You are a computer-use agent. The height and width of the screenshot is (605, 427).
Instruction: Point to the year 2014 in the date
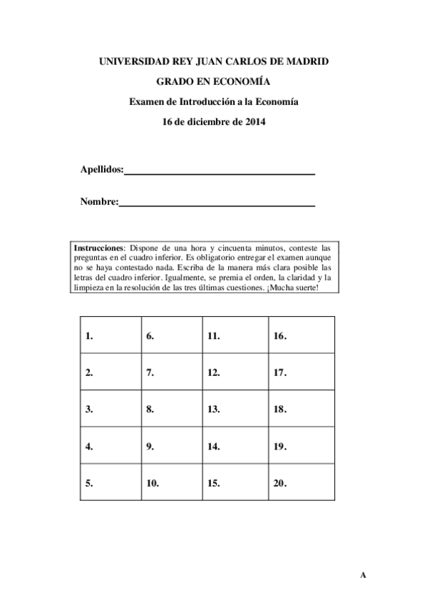click(x=254, y=122)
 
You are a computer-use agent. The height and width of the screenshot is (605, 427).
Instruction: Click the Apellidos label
click(x=102, y=170)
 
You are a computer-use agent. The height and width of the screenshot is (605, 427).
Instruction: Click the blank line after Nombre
click(x=217, y=205)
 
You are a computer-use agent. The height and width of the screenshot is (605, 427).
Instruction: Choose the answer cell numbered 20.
click(x=301, y=483)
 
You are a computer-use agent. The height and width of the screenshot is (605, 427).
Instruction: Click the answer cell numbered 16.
click(x=301, y=335)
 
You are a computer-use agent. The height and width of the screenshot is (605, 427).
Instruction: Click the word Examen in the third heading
click(x=145, y=102)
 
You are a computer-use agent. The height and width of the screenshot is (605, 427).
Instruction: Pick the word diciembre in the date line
click(x=208, y=122)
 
